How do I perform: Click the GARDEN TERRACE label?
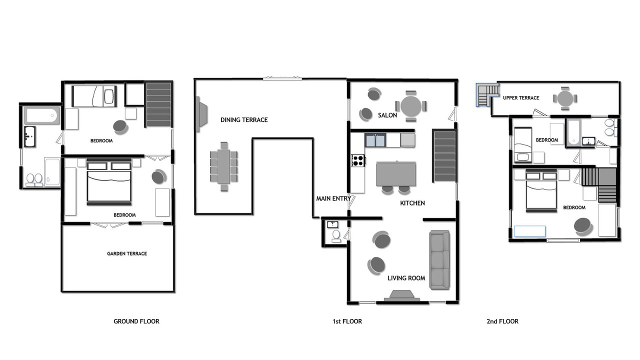127,253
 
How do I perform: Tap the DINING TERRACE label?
244,120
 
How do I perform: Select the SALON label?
387,115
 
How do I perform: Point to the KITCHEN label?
412,203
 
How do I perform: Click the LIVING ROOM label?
406,278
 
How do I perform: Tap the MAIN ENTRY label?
333,198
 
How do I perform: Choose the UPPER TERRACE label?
521,98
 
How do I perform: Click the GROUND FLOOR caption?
136,321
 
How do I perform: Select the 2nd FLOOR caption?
502,321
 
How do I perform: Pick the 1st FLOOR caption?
347,321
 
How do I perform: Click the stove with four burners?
358,160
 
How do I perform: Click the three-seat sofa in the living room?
439,260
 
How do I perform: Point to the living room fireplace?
401,296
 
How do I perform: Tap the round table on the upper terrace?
565,98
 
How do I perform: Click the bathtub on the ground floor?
42,115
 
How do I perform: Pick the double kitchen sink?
375,140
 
